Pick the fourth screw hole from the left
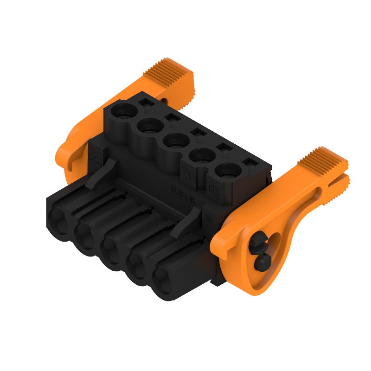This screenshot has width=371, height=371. coord(200,155)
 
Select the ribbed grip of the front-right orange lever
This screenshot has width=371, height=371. coord(322,160)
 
